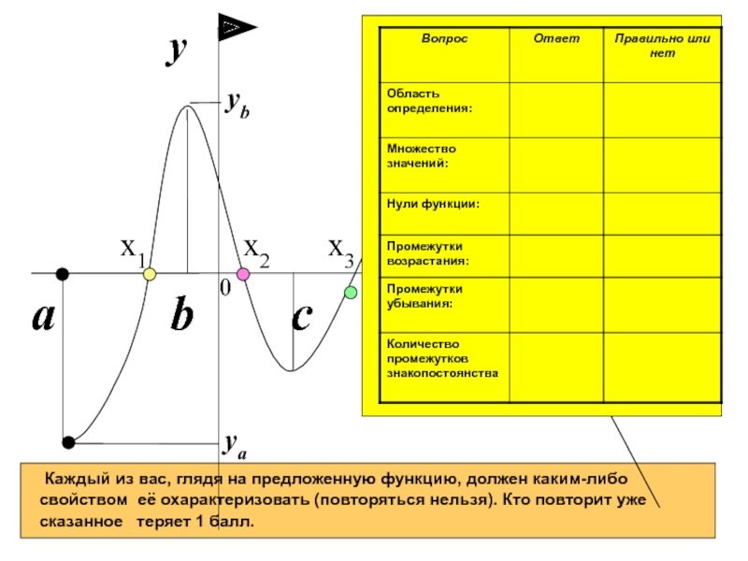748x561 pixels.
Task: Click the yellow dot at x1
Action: pos(149,274)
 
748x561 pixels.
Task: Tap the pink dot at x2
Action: pos(243,274)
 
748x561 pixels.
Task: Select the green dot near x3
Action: pos(351,293)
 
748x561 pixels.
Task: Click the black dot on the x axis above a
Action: pos(62,274)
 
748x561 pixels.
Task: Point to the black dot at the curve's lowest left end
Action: pos(67,441)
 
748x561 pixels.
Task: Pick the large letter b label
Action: pos(181,318)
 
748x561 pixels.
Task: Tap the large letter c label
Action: pos(301,318)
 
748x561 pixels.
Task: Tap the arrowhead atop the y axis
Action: pos(232,28)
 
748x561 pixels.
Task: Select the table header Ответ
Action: pos(556,39)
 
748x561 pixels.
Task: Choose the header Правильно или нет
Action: pos(661,47)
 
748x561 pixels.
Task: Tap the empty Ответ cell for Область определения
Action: pos(556,108)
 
